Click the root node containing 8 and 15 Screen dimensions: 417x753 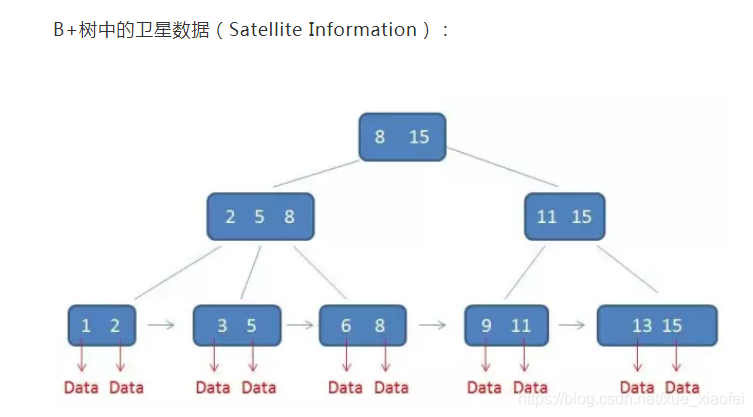[401, 137]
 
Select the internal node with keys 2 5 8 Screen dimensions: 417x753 [260, 216]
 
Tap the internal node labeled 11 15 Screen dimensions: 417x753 [564, 216]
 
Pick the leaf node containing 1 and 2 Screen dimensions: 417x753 [101, 325]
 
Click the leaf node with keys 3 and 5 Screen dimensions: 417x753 [237, 325]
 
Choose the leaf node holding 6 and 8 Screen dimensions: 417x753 [361, 325]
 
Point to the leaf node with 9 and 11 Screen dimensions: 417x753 [506, 325]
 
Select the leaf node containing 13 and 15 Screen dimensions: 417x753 [657, 325]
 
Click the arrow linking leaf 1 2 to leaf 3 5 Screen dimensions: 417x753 [161, 325]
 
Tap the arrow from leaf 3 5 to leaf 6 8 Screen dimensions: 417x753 [299, 325]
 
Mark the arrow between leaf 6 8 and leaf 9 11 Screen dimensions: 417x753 [432, 325]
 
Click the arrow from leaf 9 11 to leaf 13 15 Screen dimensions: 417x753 [571, 325]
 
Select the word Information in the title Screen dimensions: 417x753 [362, 30]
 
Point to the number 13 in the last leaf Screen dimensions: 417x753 [642, 326]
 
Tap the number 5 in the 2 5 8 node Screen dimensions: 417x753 [259, 217]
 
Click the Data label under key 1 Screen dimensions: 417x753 [81, 387]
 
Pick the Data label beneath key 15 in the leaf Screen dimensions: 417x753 [682, 387]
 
